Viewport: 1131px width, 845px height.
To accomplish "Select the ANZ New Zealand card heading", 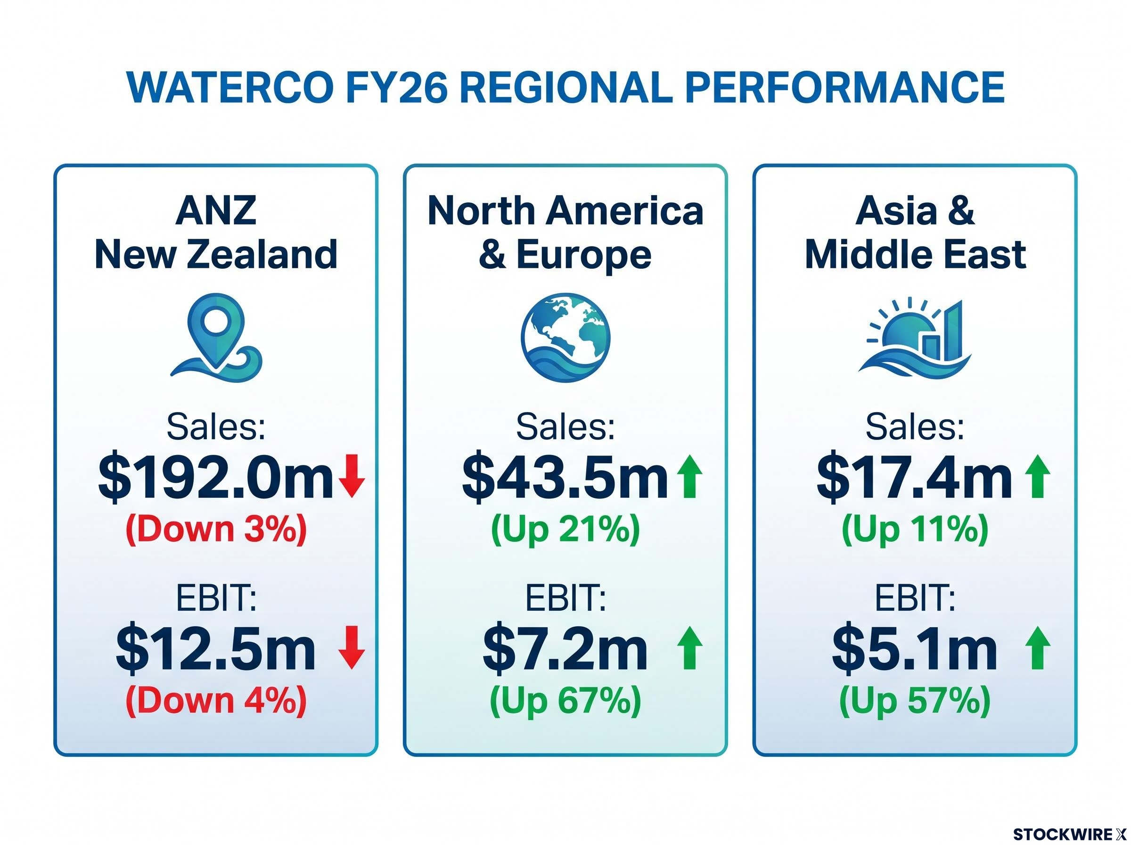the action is (216, 233).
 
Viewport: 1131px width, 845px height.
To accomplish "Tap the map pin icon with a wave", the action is (217, 338).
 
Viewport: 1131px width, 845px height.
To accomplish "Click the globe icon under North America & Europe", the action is (566, 338).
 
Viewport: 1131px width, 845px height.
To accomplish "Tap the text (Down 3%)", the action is (216, 530).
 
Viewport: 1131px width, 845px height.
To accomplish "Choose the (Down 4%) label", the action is (216, 701).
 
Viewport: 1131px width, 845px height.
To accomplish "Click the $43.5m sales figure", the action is (565, 476).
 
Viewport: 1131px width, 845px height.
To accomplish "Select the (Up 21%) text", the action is (565, 530).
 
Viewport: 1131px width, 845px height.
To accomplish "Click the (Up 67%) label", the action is (565, 701).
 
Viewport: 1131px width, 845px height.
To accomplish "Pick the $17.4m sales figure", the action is (914, 476).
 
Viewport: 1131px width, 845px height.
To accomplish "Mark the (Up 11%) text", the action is (915, 530).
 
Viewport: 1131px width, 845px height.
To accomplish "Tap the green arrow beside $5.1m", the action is (1038, 648).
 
